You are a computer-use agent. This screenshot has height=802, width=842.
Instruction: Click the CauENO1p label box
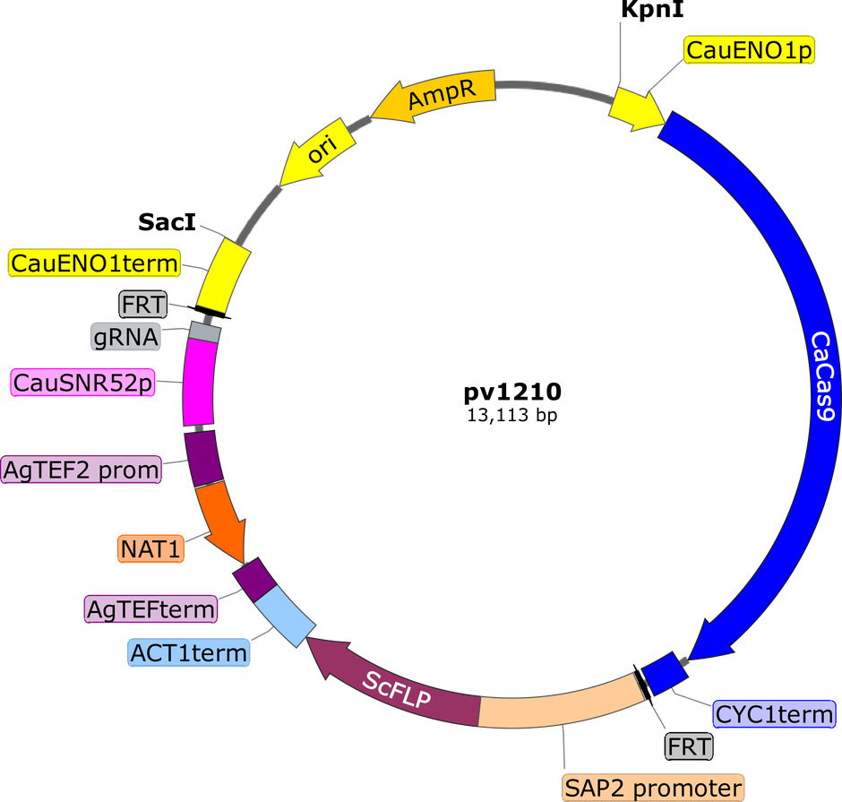749,52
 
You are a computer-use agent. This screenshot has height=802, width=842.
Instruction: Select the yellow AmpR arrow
439,96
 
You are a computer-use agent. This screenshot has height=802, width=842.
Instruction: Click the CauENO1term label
93,263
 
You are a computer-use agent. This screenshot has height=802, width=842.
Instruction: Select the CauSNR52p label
80,384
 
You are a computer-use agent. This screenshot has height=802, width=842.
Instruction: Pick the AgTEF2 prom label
82,469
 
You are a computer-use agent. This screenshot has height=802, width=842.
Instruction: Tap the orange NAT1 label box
150,548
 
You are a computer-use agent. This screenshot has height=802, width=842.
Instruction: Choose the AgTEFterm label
151,609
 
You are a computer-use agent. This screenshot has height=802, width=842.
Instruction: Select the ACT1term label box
188,652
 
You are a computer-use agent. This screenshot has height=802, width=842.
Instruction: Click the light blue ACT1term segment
283,614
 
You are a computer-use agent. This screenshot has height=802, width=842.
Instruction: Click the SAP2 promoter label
652,789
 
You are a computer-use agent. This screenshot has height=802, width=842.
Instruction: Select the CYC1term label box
774,714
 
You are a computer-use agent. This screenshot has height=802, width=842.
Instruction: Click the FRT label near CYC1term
688,746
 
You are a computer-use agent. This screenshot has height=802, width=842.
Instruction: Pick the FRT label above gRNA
143,305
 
